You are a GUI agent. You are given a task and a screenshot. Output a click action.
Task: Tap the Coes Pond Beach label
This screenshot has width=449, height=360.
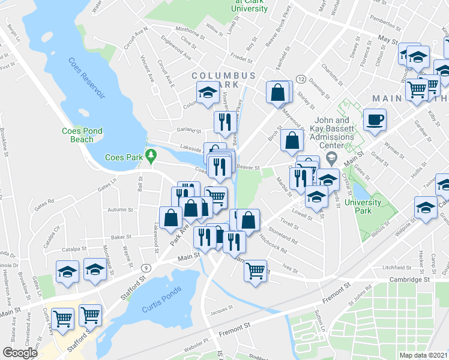coord(78,135)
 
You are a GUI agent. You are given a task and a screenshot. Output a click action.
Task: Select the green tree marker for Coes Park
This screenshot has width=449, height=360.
coord(151,157)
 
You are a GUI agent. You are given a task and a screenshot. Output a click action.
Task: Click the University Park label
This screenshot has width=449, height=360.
coord(363,206)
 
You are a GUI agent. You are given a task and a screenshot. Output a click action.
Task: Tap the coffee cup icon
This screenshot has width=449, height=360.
coord(375,119)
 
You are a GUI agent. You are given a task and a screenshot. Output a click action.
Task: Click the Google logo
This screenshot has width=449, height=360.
coord(20,352)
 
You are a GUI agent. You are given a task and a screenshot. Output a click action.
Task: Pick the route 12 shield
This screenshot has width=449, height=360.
coord(301,80)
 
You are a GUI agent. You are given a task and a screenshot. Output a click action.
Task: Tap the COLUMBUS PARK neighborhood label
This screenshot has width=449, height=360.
coord(224,80)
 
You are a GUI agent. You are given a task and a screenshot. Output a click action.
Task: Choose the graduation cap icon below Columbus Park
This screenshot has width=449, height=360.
coord(208,92)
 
